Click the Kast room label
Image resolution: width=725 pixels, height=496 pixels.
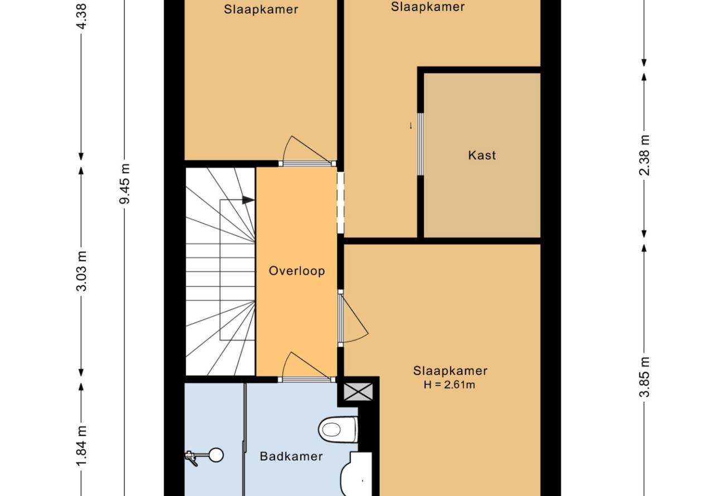click(x=482, y=155)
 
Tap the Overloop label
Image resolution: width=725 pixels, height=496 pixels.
click(x=297, y=271)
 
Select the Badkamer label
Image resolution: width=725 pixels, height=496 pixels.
click(x=291, y=456)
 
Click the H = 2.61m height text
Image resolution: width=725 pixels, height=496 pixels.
click(x=449, y=385)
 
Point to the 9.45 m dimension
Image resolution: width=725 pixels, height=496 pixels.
click(x=124, y=184)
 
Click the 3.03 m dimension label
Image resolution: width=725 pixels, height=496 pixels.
click(x=81, y=271)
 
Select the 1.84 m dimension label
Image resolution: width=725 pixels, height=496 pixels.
click(x=81, y=446)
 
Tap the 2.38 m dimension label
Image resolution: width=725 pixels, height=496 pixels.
click(x=644, y=155)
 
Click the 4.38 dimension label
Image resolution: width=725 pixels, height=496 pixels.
click(x=81, y=16)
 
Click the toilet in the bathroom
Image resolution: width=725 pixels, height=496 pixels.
click(x=338, y=429)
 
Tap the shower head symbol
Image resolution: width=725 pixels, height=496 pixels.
click(x=205, y=456)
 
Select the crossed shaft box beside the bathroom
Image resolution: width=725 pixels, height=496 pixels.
click(x=358, y=391)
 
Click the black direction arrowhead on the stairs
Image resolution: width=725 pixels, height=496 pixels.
click(x=248, y=200)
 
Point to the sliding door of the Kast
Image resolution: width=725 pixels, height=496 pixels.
click(x=420, y=144)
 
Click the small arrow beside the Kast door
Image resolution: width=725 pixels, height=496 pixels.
click(x=411, y=126)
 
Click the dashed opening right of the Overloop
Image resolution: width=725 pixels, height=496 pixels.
click(x=341, y=202)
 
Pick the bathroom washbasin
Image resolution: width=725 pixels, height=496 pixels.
click(x=356, y=474)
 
